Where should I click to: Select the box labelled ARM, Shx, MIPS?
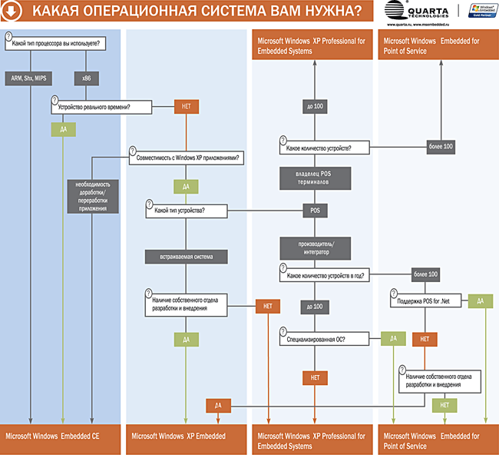[29, 78]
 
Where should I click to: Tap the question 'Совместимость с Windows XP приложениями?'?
[187, 158]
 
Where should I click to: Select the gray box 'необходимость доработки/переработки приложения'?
[93, 197]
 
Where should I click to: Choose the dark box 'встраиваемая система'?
[187, 256]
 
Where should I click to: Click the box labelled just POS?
[314, 210]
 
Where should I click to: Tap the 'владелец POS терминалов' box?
[314, 178]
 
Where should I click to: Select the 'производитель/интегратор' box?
[314, 247]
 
